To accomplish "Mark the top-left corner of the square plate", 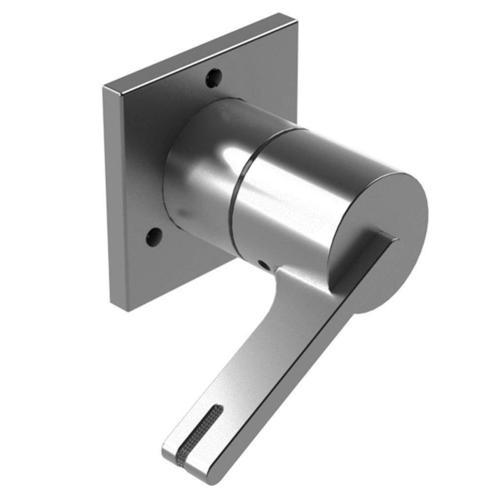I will point(105,88).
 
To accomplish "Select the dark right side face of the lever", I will point(305,389).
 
